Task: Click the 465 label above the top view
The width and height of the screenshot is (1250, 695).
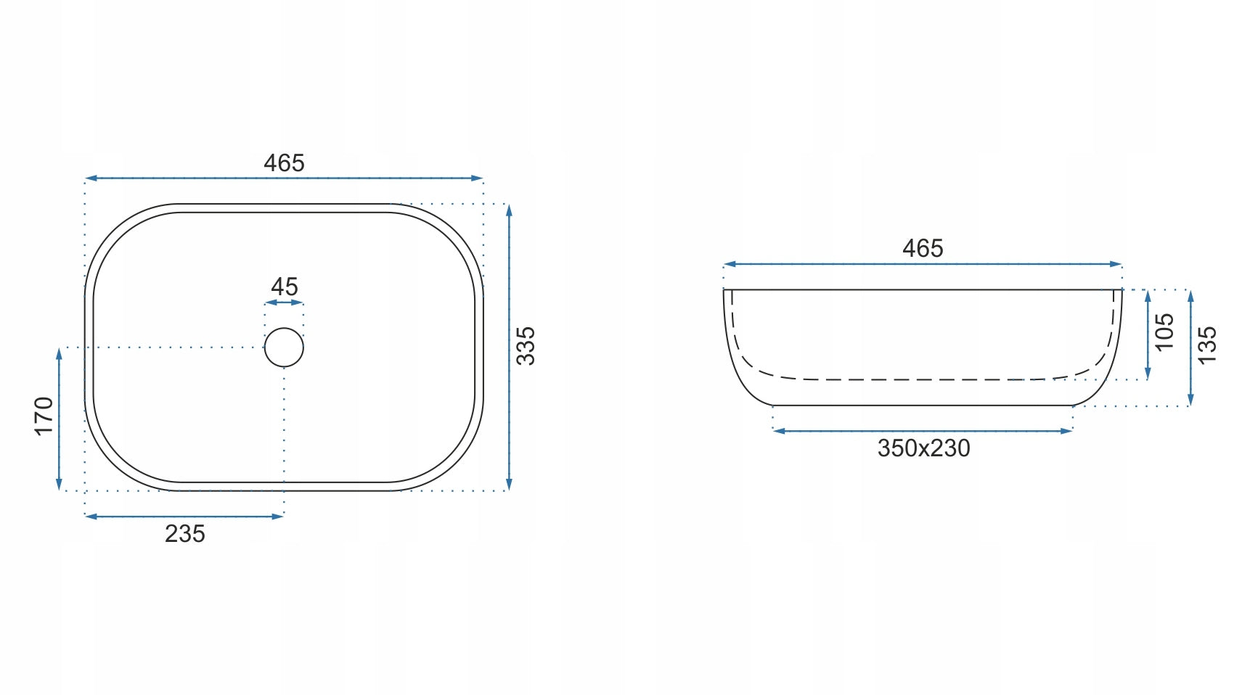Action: click(284, 163)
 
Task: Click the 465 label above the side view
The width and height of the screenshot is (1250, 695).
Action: click(923, 248)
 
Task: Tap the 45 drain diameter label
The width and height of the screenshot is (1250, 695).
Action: click(284, 287)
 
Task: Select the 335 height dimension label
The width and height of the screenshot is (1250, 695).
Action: click(525, 345)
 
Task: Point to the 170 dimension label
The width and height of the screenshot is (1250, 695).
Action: click(44, 416)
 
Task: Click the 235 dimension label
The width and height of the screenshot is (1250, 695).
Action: click(184, 533)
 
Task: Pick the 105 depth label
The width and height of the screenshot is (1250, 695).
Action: click(1164, 332)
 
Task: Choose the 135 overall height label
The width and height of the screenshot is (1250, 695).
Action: click(1206, 345)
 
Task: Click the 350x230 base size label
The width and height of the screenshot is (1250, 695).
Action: click(923, 448)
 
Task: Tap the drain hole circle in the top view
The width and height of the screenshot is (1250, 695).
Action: click(284, 329)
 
